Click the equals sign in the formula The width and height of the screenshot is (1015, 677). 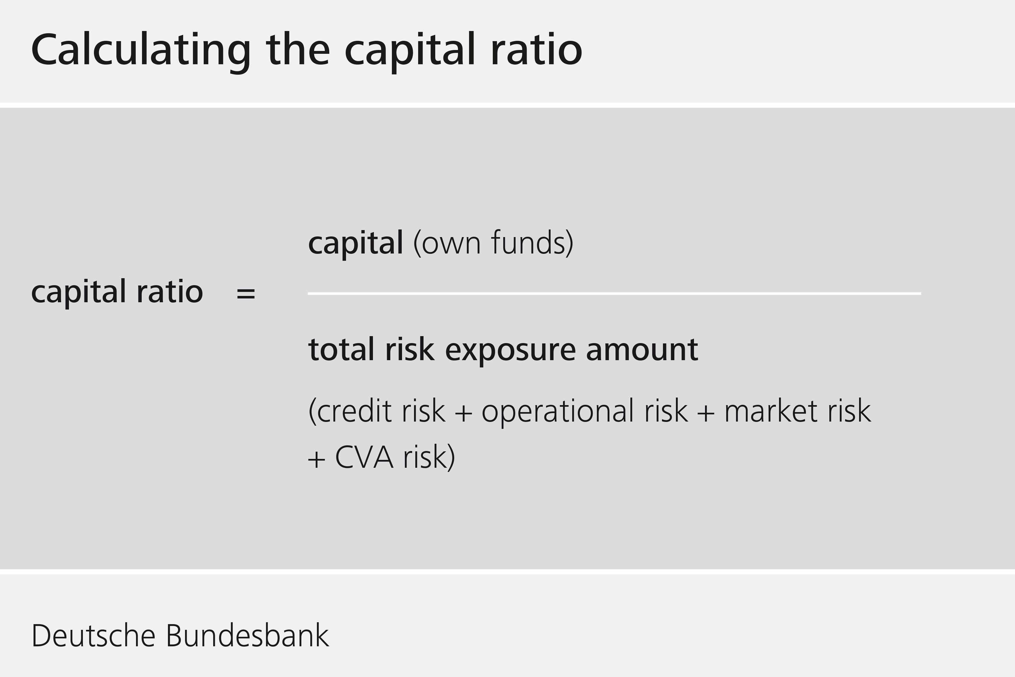coord(246,293)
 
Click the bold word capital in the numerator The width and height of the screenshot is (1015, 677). coord(356,243)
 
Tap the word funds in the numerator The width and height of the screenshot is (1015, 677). coord(528,243)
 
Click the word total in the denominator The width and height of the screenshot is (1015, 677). coord(341,349)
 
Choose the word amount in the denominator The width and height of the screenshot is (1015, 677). coord(642,349)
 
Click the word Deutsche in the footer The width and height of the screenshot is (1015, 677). coord(93,636)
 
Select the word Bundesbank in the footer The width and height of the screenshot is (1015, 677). coord(247,636)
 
